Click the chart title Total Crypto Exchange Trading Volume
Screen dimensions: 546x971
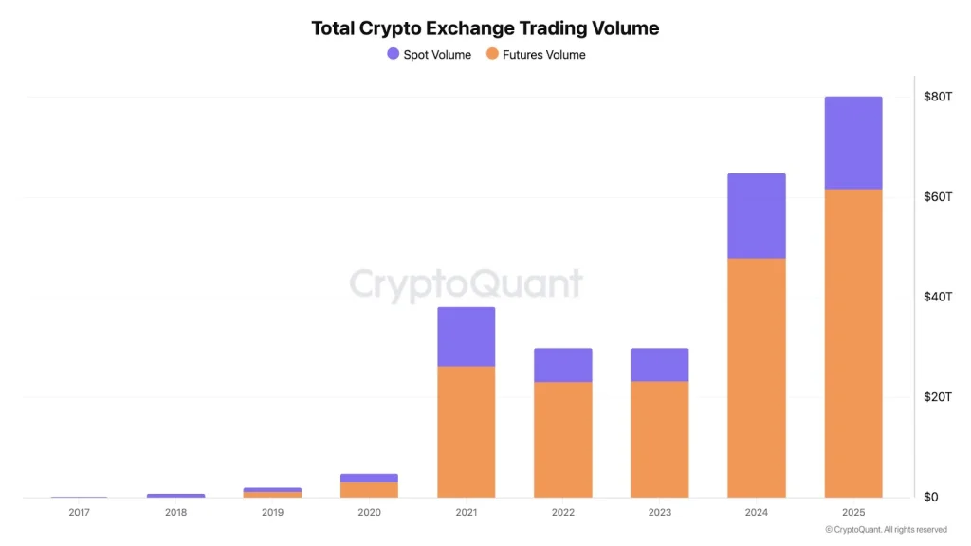click(x=485, y=28)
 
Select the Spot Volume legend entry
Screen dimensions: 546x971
click(x=429, y=55)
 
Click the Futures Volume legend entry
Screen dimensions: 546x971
click(x=536, y=55)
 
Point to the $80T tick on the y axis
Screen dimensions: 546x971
click(x=937, y=97)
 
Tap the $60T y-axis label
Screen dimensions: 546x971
click(x=937, y=197)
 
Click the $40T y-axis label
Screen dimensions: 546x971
click(x=937, y=297)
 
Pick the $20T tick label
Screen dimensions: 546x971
click(x=937, y=397)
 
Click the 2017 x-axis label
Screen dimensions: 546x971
click(x=79, y=513)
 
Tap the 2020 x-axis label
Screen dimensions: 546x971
click(x=369, y=513)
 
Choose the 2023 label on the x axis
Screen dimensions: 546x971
click(x=659, y=513)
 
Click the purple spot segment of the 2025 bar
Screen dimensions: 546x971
click(x=853, y=142)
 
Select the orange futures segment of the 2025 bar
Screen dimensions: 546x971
click(x=853, y=341)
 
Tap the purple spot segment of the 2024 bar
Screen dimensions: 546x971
click(x=757, y=216)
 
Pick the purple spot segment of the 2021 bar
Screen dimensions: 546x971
click(x=466, y=337)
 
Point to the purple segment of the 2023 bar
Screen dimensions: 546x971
click(x=659, y=365)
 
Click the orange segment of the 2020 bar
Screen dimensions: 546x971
click(x=369, y=489)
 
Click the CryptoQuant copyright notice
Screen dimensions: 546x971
click(x=886, y=530)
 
